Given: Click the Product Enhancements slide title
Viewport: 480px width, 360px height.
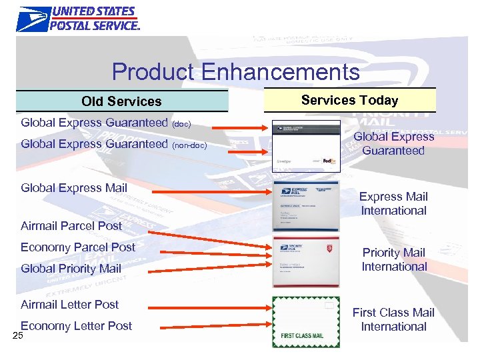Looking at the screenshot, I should (235, 71).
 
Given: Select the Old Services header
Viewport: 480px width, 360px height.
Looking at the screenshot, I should (121, 101).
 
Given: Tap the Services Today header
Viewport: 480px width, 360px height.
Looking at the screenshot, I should (349, 100).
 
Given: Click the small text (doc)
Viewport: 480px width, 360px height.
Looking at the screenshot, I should (181, 124).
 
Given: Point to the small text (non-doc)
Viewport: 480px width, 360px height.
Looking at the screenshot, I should (189, 145).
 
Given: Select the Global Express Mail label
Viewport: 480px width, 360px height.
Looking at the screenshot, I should (74, 187).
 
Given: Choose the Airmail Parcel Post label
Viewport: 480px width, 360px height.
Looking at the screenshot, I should (71, 225).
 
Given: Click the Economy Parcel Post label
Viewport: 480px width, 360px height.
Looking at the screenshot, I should (78, 247).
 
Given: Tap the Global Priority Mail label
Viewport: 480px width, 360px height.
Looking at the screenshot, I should (71, 268).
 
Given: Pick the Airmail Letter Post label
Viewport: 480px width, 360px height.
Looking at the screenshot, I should (70, 304).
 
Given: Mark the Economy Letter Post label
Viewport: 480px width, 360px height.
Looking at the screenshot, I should (77, 325).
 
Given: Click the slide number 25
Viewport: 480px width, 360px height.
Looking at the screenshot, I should (17, 335).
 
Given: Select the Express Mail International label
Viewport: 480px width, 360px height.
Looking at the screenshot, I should (393, 203).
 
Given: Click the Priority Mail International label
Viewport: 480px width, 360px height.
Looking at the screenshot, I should (394, 259).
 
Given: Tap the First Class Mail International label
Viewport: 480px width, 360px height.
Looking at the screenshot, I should (393, 319).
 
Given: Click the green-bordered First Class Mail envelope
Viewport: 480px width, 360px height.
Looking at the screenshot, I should (306, 322).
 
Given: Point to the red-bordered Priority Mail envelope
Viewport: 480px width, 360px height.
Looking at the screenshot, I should (306, 261).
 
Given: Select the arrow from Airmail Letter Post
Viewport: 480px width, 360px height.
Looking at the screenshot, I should (206, 307).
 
